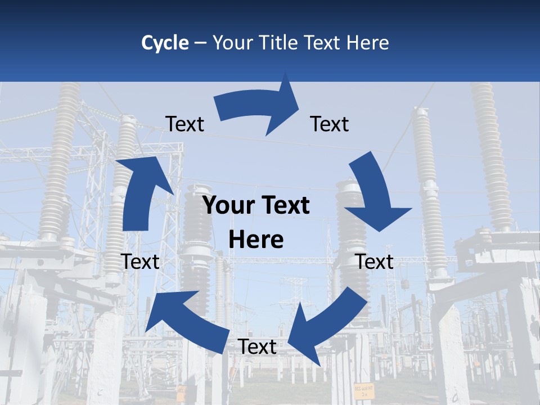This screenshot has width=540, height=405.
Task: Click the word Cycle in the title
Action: pos(165,43)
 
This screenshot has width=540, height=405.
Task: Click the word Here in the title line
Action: pos(369,43)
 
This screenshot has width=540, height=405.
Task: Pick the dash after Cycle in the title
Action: pos(200,43)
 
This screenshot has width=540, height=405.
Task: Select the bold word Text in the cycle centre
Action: pos(284,206)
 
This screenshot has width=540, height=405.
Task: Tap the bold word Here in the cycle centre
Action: pos(256,240)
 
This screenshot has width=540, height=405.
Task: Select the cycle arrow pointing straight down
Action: pos(374,194)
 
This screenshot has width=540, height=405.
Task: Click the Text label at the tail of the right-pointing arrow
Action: pos(184,124)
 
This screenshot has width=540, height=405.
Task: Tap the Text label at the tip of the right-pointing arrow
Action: pos(330,124)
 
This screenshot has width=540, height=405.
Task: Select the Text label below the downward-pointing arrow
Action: pos(375,262)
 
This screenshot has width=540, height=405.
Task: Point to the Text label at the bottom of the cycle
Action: pos(258,347)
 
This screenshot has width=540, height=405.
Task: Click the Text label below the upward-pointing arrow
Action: pos(140,262)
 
